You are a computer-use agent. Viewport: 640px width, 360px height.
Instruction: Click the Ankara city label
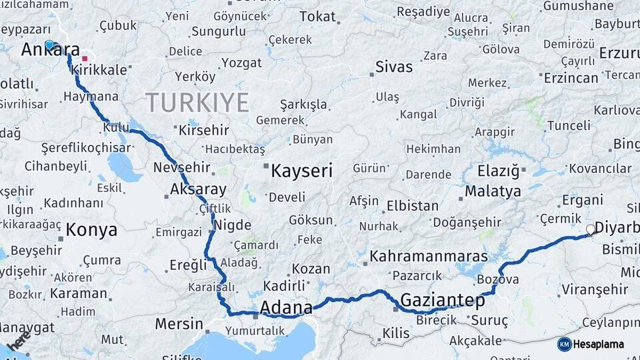pyautogui.click(x=51, y=51)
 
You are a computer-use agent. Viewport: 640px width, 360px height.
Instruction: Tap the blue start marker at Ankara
pyautogui.click(x=49, y=45)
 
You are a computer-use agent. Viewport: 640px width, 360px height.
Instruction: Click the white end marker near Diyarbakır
pyautogui.click(x=590, y=229)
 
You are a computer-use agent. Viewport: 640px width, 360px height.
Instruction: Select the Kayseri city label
pyautogui.click(x=301, y=171)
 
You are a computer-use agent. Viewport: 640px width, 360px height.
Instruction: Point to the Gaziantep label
pyautogui.click(x=442, y=301)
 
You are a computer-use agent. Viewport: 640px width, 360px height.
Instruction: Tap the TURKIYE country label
pyautogui.click(x=197, y=103)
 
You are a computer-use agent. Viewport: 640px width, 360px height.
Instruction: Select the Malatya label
pyautogui.click(x=493, y=191)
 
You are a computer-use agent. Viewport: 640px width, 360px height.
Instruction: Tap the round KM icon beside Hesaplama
pyautogui.click(x=564, y=344)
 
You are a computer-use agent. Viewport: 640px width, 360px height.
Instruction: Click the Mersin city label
pyautogui.click(x=179, y=324)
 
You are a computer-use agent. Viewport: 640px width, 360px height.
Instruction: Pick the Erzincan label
pyautogui.click(x=571, y=78)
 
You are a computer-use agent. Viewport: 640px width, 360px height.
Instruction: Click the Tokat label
pyautogui.click(x=317, y=16)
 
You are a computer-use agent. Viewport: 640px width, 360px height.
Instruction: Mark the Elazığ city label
pyautogui.click(x=498, y=171)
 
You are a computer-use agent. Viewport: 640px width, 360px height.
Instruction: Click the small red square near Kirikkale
pyautogui.click(x=85, y=58)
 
